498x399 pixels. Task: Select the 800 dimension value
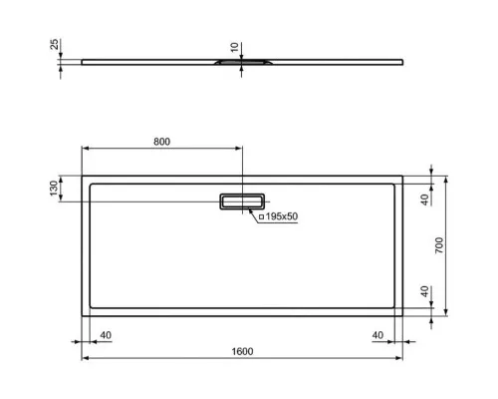pos(161,141)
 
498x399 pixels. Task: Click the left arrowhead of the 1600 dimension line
pos(83,358)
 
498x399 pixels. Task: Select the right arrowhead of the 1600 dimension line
pos(401,358)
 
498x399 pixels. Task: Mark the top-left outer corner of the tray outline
pos(81,177)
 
